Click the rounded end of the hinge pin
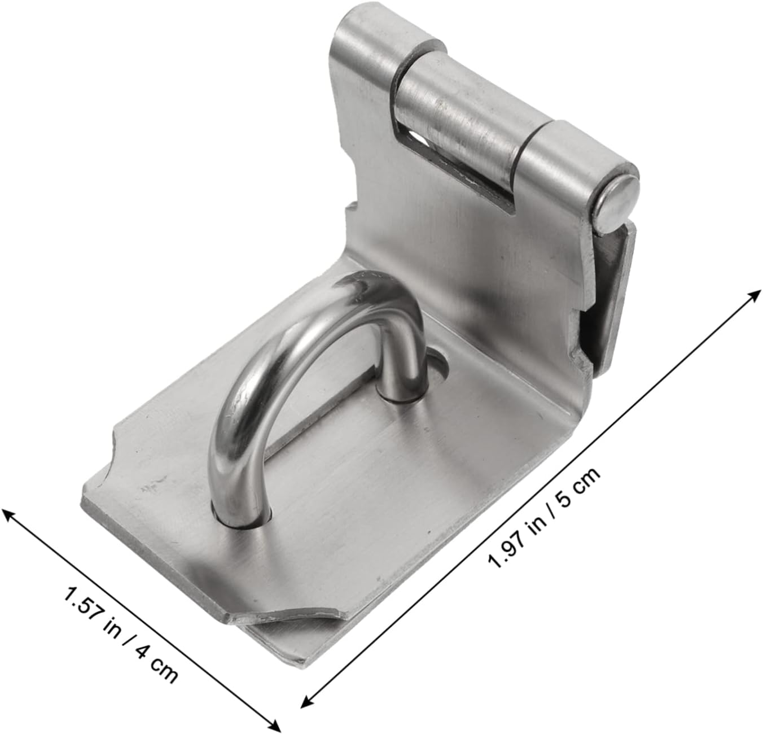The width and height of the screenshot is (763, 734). coord(617,203)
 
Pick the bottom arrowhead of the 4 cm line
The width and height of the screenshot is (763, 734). coord(273,725)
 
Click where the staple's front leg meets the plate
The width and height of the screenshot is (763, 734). coord(241,517)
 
